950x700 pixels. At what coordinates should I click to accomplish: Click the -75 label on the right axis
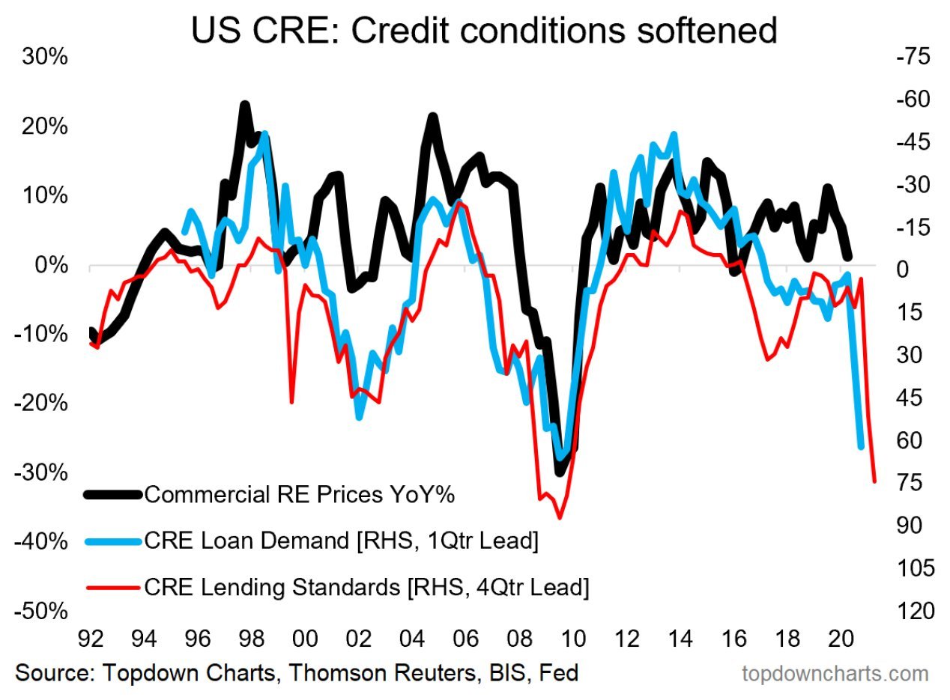click(x=909, y=58)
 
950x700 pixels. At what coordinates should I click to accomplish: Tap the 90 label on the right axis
click(x=909, y=526)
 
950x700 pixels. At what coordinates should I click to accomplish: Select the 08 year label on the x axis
click(x=518, y=640)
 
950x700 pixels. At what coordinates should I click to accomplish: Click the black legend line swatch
click(x=112, y=494)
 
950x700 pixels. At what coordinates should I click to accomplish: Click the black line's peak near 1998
click(x=244, y=106)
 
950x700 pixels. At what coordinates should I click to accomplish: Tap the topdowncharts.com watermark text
click(x=835, y=674)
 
